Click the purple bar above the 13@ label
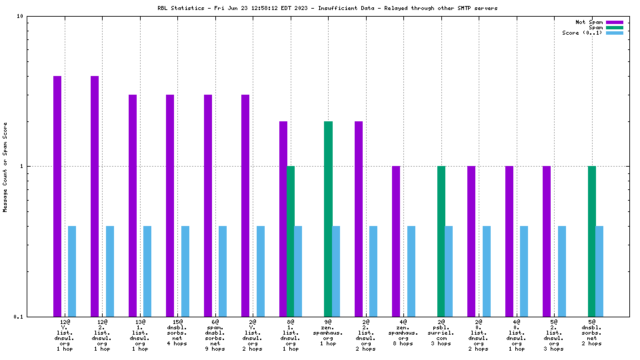coord(133,205)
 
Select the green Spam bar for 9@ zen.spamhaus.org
coord(328,219)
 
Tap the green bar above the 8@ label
coord(291,241)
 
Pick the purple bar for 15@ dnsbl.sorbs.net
coord(170,205)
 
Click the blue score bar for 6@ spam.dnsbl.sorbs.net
coord(223,271)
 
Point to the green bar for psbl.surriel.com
coord(441,241)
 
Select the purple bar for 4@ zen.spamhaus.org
coord(396,241)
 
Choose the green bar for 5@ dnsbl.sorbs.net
coord(592,241)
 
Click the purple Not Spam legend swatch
coord(614,22)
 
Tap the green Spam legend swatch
coord(614,27)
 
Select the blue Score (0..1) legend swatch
coord(614,33)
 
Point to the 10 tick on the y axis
coord(21,16)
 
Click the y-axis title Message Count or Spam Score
coord(5,167)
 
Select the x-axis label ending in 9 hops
coord(215,335)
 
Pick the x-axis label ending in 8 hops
coord(403,335)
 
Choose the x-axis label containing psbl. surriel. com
coord(441,335)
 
